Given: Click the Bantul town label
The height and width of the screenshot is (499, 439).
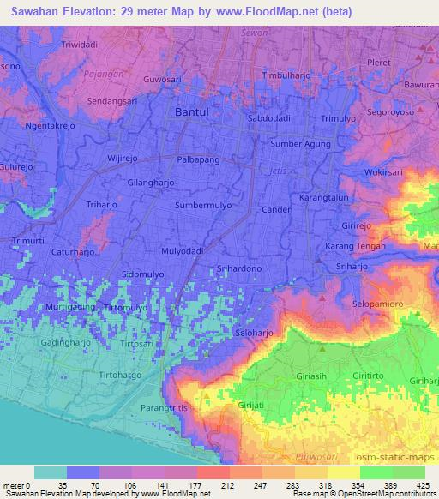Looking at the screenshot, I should coord(191,112).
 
